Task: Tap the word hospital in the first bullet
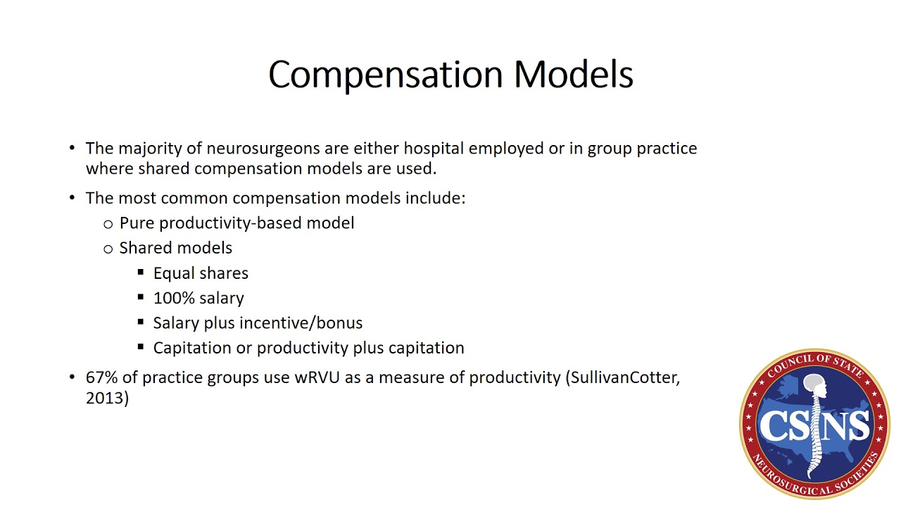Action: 434,149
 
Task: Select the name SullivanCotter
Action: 624,377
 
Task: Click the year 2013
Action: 106,398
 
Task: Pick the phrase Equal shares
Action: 201,273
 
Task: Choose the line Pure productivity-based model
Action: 237,223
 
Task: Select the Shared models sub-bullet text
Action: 175,248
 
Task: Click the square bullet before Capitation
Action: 141,346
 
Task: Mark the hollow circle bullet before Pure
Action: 108,224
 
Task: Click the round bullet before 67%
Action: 72,377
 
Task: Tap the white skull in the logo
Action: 814,384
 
